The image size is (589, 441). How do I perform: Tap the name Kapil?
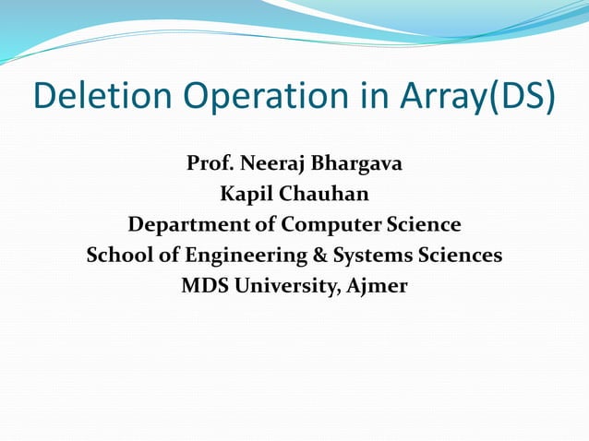[x=245, y=195]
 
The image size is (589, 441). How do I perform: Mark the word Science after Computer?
[x=421, y=224]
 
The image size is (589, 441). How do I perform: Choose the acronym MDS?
[x=205, y=285]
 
